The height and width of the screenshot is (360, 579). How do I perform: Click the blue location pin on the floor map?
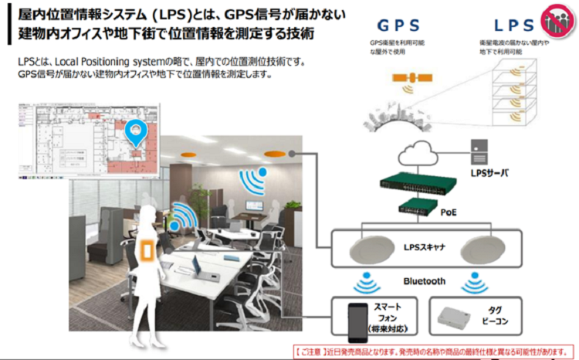click(x=137, y=132)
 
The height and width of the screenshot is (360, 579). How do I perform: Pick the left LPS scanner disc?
click(x=370, y=251)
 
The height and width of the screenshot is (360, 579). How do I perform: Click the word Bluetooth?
click(x=425, y=281)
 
